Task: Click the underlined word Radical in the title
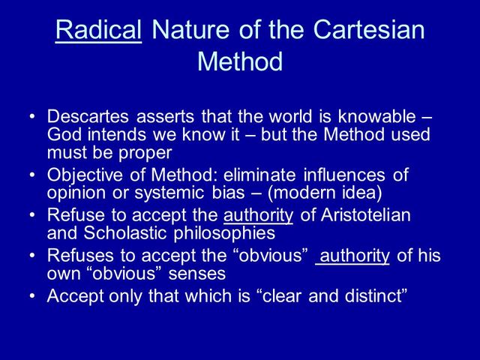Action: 99,30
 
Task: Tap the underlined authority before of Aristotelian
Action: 258,216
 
